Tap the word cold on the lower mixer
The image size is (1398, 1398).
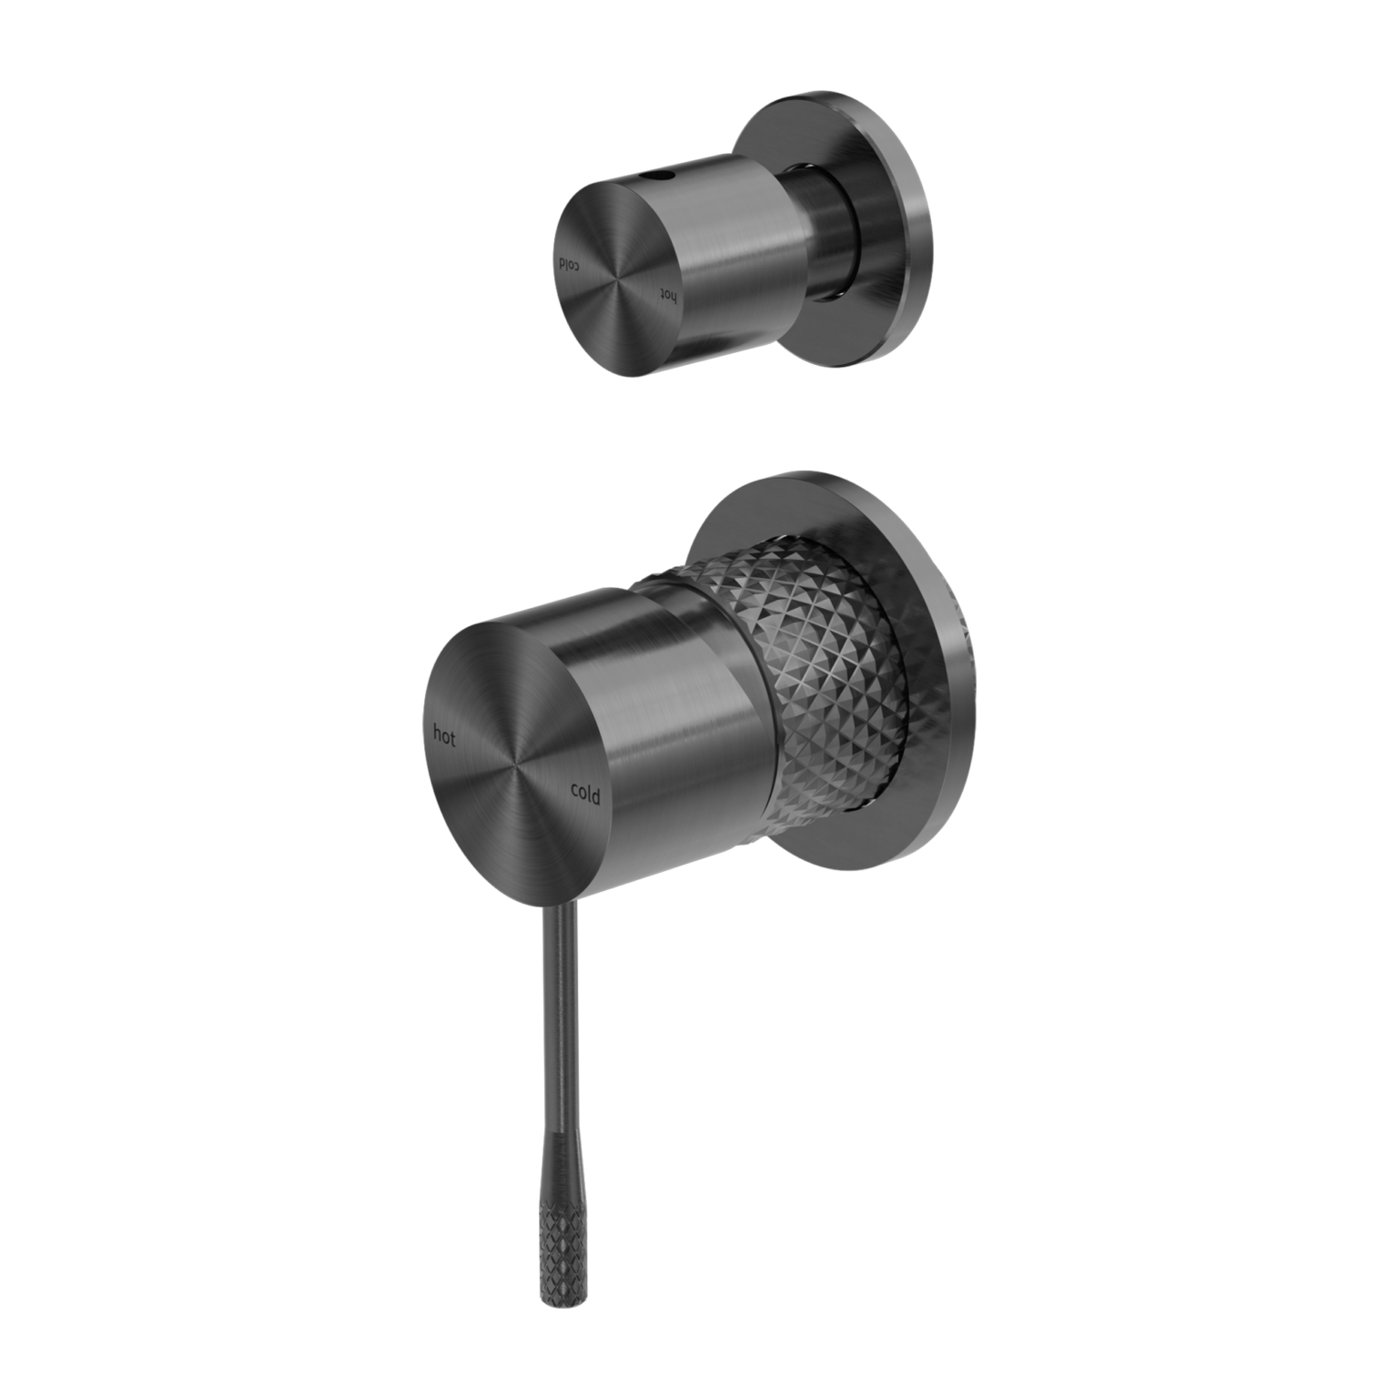click(584, 794)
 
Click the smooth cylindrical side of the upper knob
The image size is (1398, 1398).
click(728, 246)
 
